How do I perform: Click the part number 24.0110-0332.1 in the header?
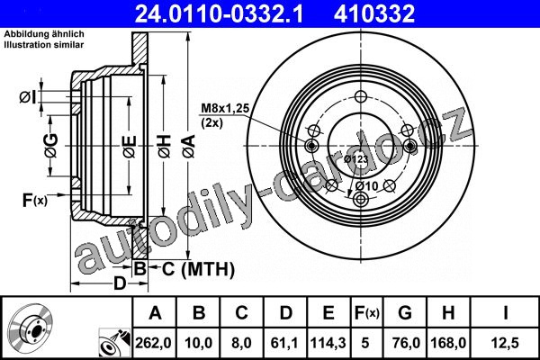219,13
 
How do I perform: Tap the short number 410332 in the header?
374,13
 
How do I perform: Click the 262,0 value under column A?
154,343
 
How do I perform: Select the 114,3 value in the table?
328,343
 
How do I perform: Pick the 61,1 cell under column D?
284,343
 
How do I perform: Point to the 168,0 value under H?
448,343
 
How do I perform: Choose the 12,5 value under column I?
506,343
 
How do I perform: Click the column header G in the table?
405,313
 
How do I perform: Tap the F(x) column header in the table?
367,313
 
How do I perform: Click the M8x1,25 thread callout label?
225,108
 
